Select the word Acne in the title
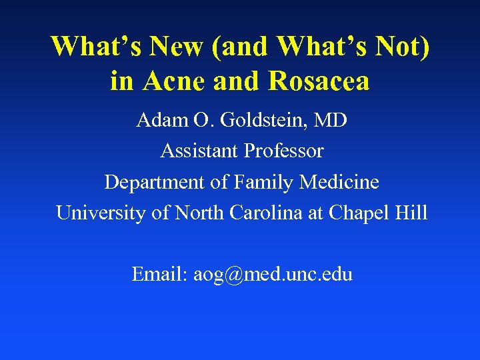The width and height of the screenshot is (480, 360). pos(170,81)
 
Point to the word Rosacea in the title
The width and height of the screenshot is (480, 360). pos(319,81)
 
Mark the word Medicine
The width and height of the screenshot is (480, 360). pos(339,182)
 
